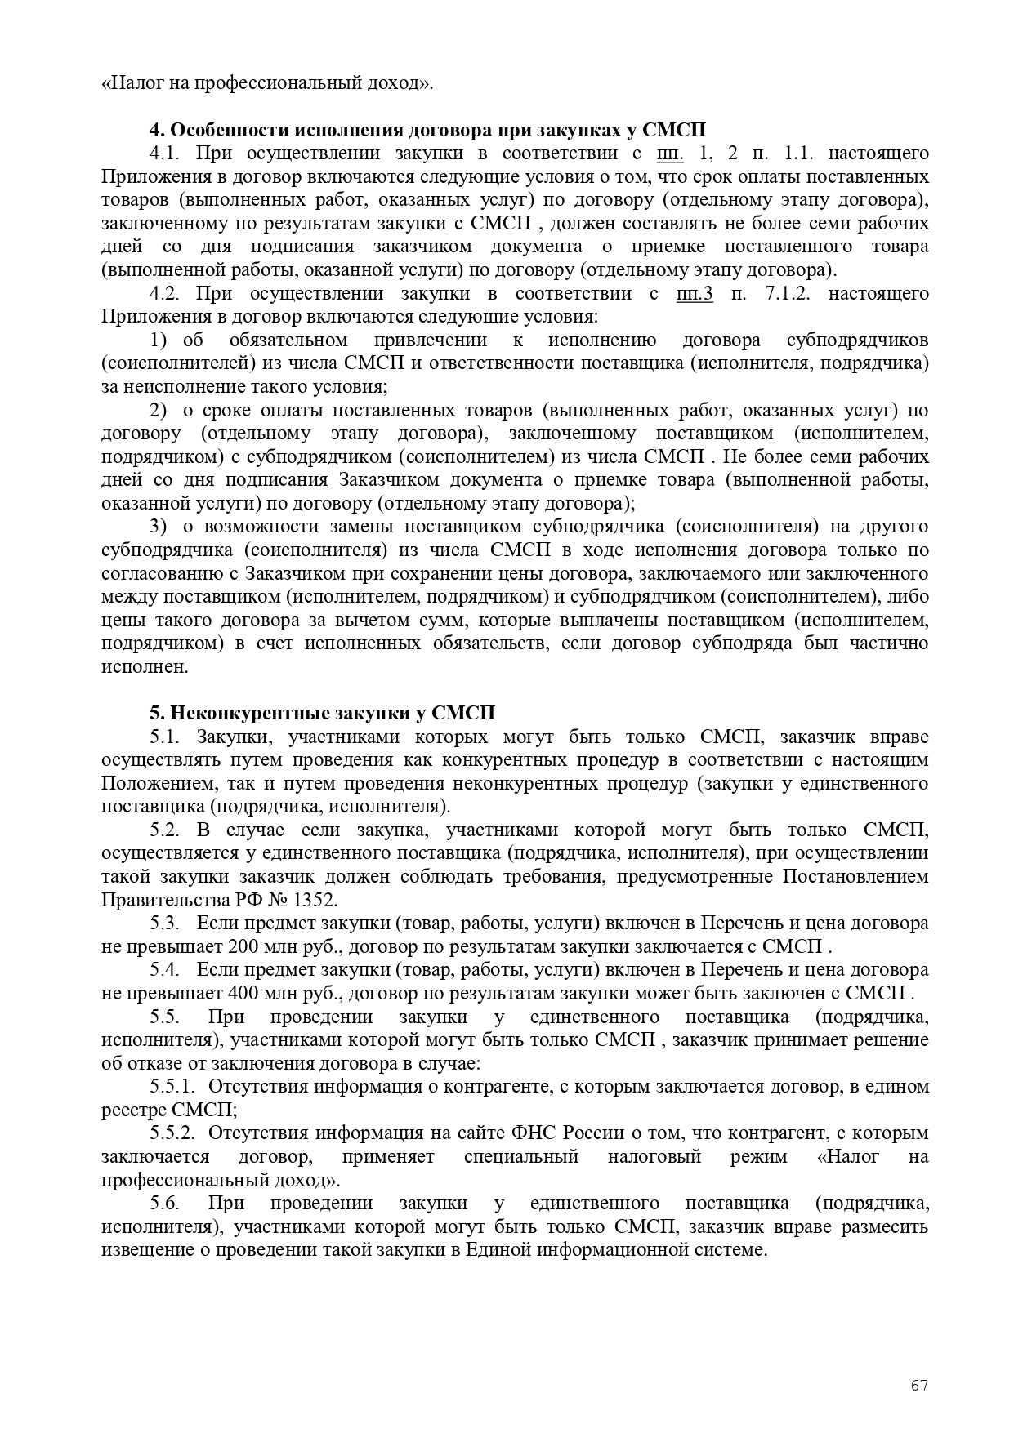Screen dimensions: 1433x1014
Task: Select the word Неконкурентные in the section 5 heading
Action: pos(252,713)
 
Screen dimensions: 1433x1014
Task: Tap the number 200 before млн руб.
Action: pos(226,947)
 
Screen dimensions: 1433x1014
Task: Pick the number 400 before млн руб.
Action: pos(226,994)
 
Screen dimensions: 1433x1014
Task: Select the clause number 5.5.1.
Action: pos(173,1087)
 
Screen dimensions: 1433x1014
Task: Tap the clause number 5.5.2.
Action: pos(173,1133)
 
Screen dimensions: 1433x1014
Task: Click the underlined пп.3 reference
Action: pos(695,293)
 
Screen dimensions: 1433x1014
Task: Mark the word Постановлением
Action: pos(855,877)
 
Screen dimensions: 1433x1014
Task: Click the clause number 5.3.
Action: pos(164,923)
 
